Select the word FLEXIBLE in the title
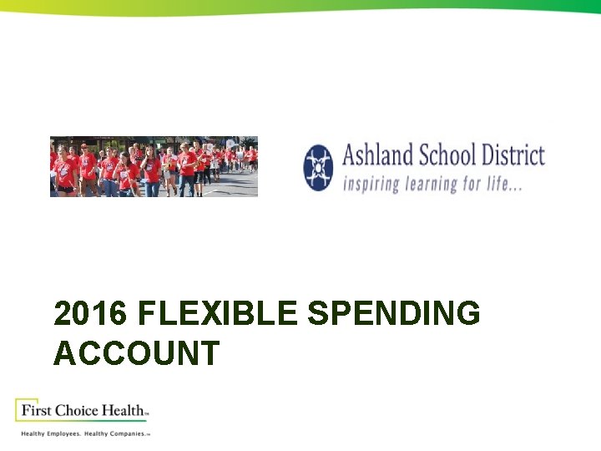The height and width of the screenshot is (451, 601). coord(217,314)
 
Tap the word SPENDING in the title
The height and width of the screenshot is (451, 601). coord(394,314)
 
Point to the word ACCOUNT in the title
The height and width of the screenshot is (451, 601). coord(136,353)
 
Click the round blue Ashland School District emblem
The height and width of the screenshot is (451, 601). coord(318,167)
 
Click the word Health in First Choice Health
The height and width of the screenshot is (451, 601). coord(124,410)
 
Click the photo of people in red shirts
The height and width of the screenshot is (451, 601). coord(154,166)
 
